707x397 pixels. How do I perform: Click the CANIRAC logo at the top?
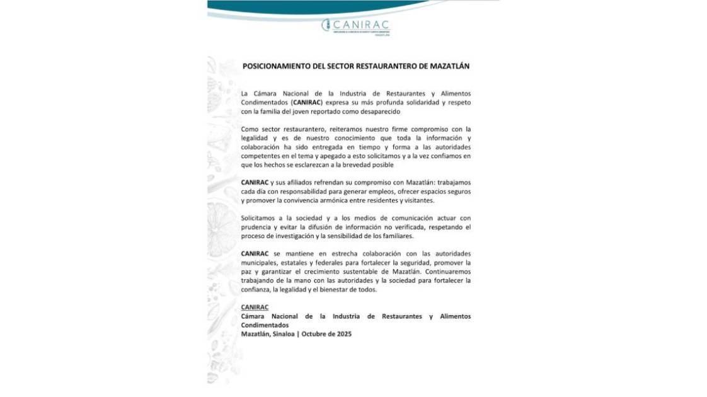[357, 25]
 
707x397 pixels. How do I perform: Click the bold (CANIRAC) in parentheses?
[308, 102]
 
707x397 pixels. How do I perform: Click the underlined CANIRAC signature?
[255, 307]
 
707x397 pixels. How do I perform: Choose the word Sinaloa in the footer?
[284, 334]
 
